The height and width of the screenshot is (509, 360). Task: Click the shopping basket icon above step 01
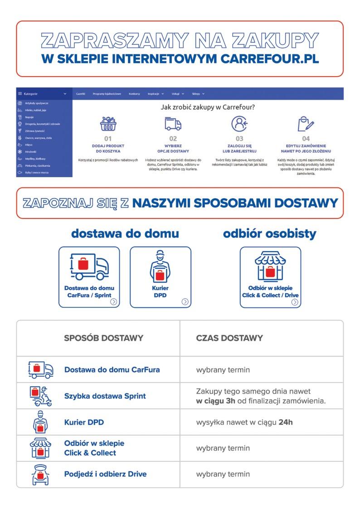point(107,124)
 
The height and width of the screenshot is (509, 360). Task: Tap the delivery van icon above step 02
point(173,124)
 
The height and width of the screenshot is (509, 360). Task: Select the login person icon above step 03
point(239,124)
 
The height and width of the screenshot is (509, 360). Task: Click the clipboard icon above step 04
point(306,124)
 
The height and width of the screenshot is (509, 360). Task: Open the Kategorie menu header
point(43,93)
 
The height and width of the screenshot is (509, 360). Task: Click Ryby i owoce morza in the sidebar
point(37,173)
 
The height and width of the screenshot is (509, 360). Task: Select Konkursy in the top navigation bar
point(134,93)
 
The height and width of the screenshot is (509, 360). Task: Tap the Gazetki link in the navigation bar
point(81,93)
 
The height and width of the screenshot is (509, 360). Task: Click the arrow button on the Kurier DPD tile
point(185,301)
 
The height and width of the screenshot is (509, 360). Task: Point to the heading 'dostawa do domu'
point(125,234)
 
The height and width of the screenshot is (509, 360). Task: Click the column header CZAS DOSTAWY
point(229,338)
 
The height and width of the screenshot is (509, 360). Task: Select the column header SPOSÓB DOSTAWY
point(103,338)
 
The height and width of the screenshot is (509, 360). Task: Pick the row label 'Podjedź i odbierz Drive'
point(105,474)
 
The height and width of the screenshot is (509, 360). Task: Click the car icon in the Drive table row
point(40,475)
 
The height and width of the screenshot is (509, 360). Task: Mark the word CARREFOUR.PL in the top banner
point(269,59)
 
